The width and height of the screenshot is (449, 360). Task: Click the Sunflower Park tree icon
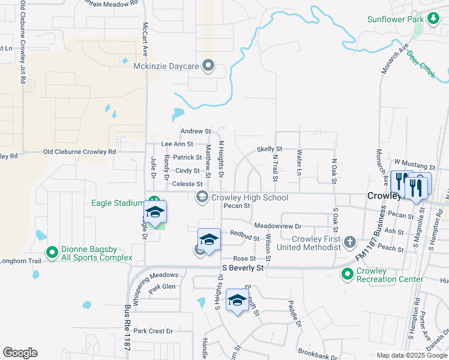433,19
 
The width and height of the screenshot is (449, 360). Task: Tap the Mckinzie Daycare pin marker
208,65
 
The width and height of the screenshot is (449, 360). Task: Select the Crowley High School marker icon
202,197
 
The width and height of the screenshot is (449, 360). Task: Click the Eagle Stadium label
119,203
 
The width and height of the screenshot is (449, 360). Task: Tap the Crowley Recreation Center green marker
347,274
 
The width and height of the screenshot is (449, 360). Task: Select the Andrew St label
196,131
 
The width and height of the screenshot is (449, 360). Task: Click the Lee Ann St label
177,144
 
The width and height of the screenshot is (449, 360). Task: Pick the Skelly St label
269,149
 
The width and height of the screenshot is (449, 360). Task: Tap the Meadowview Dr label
277,226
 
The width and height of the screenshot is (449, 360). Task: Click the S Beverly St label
243,268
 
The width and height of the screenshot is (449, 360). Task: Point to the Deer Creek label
421,64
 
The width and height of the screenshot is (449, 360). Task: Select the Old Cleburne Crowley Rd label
80,152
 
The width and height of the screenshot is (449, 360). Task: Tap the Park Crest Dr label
153,331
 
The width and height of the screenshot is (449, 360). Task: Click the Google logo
20,353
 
